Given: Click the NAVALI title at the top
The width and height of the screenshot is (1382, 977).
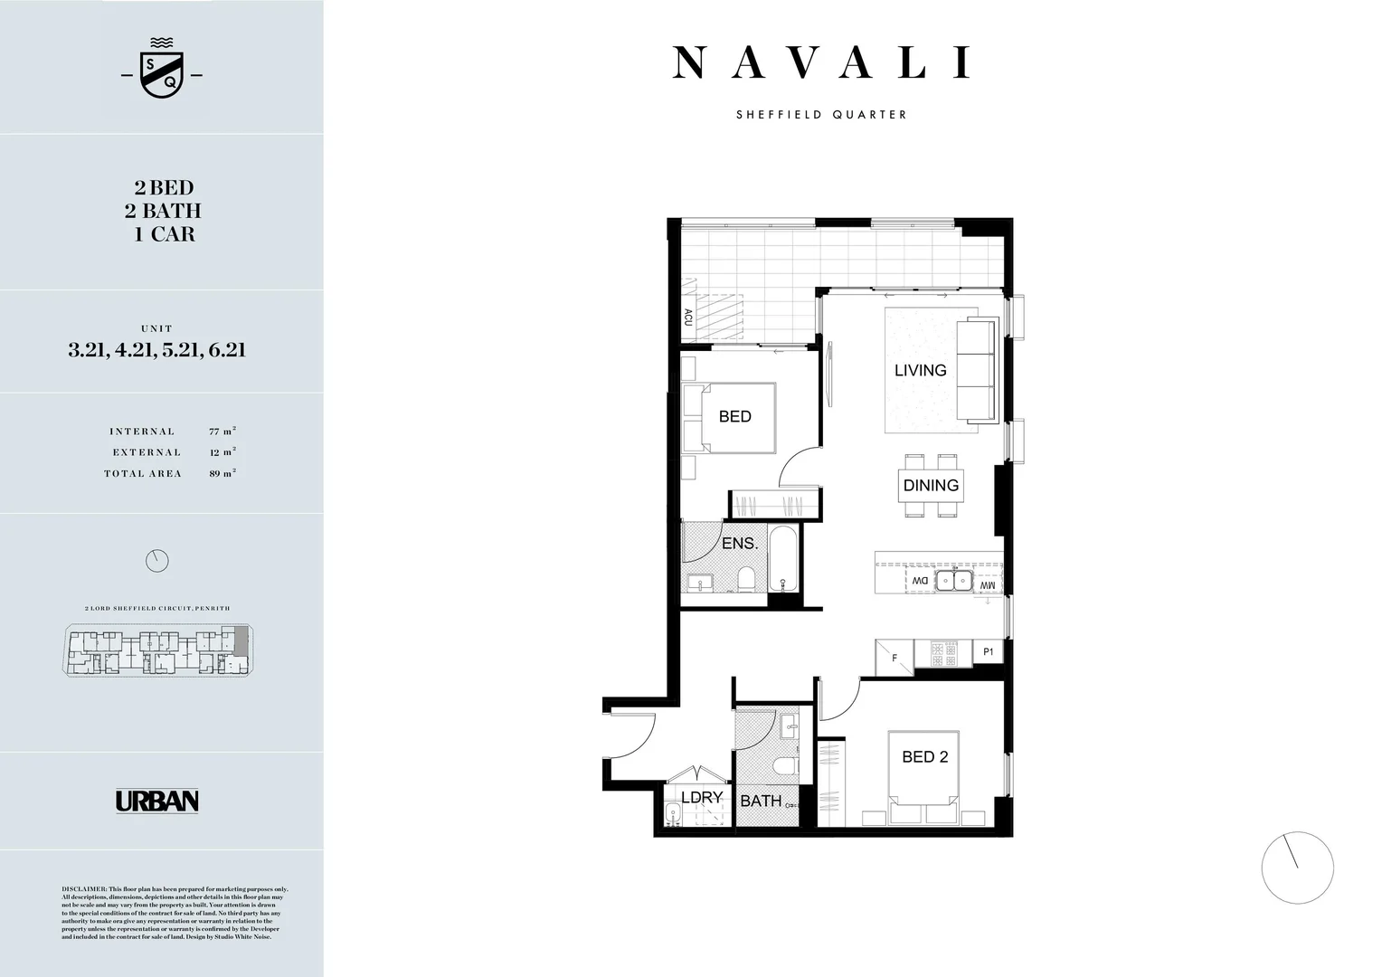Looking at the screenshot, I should click(x=821, y=63).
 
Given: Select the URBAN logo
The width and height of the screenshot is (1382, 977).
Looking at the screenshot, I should click(x=156, y=802).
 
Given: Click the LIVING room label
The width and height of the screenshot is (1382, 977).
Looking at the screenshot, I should click(x=920, y=370).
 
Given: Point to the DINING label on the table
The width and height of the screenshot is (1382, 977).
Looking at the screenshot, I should click(x=931, y=485).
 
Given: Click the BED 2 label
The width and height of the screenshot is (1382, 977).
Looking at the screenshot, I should click(x=924, y=757).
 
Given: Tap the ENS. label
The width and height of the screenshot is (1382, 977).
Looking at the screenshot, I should click(x=739, y=544).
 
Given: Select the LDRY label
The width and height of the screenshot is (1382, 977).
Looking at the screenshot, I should click(x=701, y=797).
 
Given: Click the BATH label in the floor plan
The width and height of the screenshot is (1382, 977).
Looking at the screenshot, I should click(x=761, y=801).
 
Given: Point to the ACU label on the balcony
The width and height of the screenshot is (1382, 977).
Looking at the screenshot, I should click(x=688, y=318).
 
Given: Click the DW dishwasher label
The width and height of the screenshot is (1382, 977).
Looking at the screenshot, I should click(x=919, y=580).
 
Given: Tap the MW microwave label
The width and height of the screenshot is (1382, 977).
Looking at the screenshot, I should click(x=987, y=586).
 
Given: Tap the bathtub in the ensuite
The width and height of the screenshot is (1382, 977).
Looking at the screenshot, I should click(x=783, y=558).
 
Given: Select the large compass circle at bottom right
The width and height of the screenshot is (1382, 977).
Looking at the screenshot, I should click(x=1297, y=867).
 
